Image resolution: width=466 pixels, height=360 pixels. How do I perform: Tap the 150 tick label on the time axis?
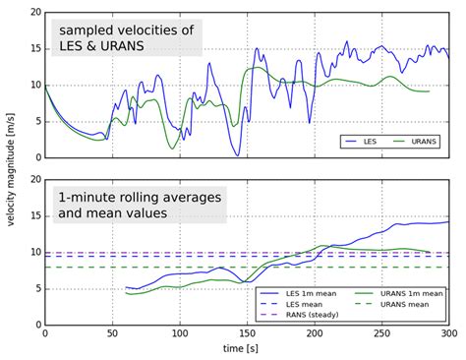click(x=247, y=334)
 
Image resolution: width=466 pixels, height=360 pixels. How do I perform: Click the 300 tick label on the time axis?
click(x=448, y=334)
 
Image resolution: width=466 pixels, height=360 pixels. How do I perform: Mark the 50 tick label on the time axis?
click(x=112, y=334)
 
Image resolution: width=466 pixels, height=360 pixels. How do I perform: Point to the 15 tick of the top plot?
click(x=34, y=48)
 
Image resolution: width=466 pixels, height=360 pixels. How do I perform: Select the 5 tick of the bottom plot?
click(x=37, y=288)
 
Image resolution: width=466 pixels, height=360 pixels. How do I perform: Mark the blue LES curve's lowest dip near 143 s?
click(x=237, y=154)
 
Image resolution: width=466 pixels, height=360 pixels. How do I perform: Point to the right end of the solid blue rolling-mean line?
click(x=447, y=222)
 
